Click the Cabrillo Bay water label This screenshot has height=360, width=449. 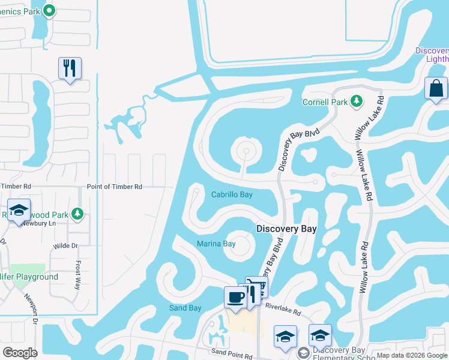click(x=232, y=194)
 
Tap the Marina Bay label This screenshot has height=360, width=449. click(x=216, y=244)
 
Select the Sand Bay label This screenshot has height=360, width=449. click(x=185, y=308)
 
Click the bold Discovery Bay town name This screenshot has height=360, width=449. click(x=286, y=229)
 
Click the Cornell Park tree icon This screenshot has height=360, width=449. click(x=357, y=101)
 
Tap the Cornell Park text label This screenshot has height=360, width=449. click(x=325, y=102)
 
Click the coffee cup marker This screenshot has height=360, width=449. click(x=235, y=297)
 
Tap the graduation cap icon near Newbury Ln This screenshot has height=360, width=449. click(x=19, y=211)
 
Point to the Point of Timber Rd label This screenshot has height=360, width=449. click(x=114, y=187)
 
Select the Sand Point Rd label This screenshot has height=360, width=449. click(x=231, y=354)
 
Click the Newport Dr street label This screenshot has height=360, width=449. click(x=31, y=309)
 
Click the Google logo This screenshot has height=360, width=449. click(x=20, y=352)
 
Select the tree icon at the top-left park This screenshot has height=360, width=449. click(x=50, y=10)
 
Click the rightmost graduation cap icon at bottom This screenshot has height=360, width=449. click(x=320, y=335)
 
